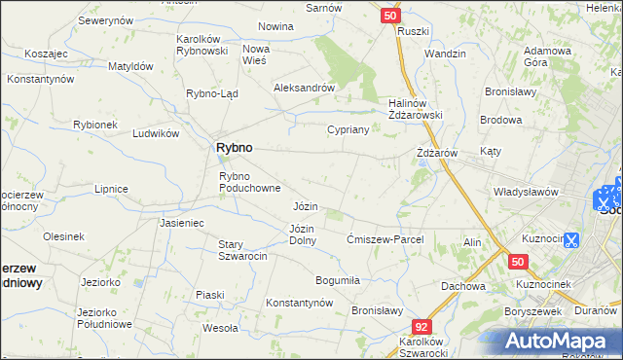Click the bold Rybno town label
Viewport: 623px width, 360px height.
click(233, 147)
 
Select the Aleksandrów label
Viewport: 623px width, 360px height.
click(304, 87)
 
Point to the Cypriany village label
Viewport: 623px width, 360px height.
click(348, 129)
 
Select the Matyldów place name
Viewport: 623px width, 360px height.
click(130, 66)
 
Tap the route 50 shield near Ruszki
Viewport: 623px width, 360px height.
click(389, 16)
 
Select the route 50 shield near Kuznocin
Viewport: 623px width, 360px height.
click(518, 262)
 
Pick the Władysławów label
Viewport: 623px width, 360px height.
click(525, 192)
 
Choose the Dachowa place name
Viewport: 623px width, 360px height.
click(462, 286)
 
